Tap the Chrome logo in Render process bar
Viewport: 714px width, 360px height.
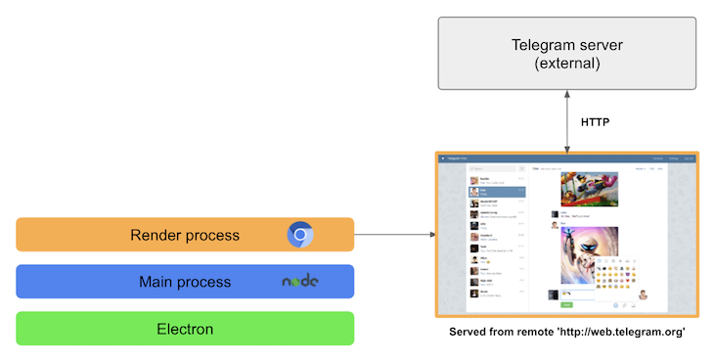[x=300, y=235]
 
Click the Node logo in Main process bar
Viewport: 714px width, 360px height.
[x=301, y=282]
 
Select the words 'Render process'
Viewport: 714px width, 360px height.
[x=185, y=235]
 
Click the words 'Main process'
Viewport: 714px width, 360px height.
[x=185, y=282]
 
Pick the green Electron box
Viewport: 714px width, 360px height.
[x=185, y=329]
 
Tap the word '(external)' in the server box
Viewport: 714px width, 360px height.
[x=568, y=65]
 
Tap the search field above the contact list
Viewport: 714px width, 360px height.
[x=490, y=169]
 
